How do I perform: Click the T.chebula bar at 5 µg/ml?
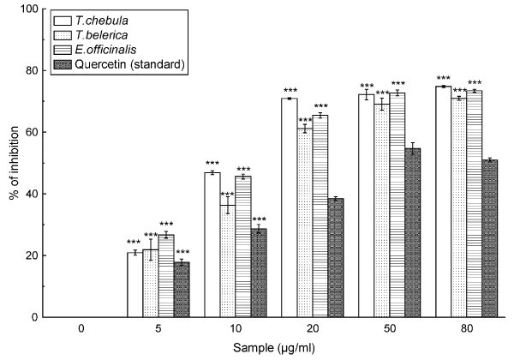(134, 285)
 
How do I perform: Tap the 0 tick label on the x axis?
(80, 329)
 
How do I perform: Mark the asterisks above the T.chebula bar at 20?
(290, 92)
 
